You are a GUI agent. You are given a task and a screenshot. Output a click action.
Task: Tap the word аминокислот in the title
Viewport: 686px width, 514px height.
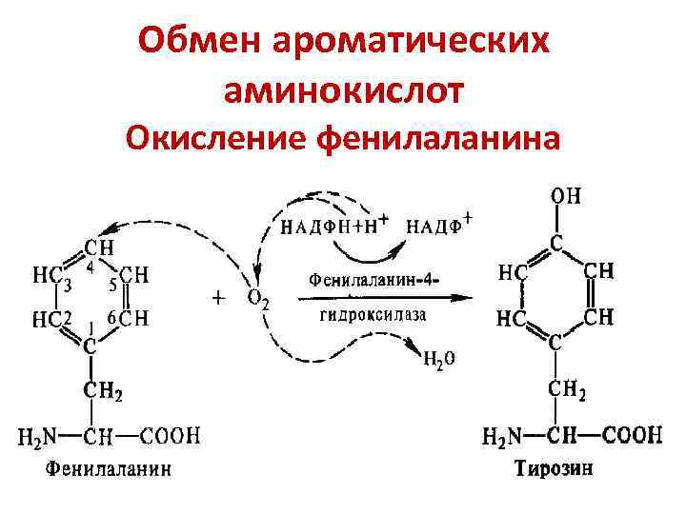click(343, 89)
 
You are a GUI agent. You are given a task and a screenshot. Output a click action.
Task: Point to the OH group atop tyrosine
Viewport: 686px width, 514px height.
click(565, 196)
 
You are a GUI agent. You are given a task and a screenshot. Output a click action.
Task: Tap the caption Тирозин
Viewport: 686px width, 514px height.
click(549, 467)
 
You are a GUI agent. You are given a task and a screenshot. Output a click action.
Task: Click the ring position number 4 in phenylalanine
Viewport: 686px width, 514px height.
click(90, 268)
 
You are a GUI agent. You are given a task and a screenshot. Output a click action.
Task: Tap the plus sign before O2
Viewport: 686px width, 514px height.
click(218, 298)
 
